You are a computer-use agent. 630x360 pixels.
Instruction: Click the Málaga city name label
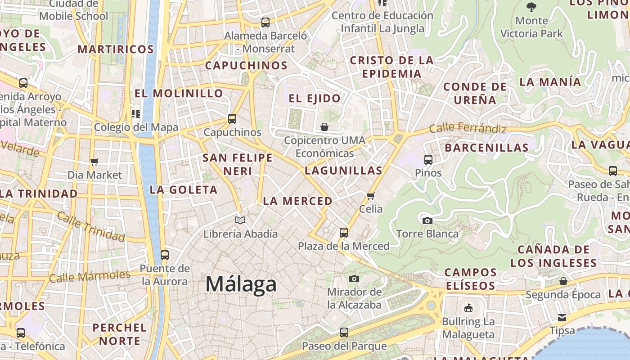click(x=241, y=284)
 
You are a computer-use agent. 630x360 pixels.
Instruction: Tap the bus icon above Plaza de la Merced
click(x=344, y=233)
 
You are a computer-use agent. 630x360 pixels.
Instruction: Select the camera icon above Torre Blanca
click(x=427, y=220)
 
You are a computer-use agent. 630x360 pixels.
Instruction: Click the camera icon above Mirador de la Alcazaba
click(x=354, y=279)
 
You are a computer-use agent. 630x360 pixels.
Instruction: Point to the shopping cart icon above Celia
click(x=371, y=196)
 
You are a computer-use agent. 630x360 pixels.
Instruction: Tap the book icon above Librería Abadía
click(x=240, y=220)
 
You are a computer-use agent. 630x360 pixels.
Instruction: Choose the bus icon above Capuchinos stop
click(x=232, y=119)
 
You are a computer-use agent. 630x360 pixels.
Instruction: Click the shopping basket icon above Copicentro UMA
click(x=324, y=127)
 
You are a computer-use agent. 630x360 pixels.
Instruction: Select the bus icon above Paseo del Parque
click(x=344, y=333)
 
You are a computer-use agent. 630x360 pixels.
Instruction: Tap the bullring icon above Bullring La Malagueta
click(x=468, y=308)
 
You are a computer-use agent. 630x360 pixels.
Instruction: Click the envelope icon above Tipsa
click(x=562, y=317)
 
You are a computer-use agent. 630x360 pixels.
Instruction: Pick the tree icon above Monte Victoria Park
click(x=531, y=7)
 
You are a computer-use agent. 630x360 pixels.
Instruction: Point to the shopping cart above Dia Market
click(x=94, y=162)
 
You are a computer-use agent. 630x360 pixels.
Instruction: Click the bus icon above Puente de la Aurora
click(x=165, y=255)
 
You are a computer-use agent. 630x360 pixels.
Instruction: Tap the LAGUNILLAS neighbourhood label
click(x=343, y=171)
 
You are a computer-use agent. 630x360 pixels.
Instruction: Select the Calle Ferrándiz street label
click(x=468, y=129)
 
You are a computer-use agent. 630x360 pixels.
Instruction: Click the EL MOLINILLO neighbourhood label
click(x=179, y=93)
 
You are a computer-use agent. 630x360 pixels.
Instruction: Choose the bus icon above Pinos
click(x=428, y=159)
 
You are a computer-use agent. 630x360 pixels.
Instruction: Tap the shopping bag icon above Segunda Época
click(x=563, y=281)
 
